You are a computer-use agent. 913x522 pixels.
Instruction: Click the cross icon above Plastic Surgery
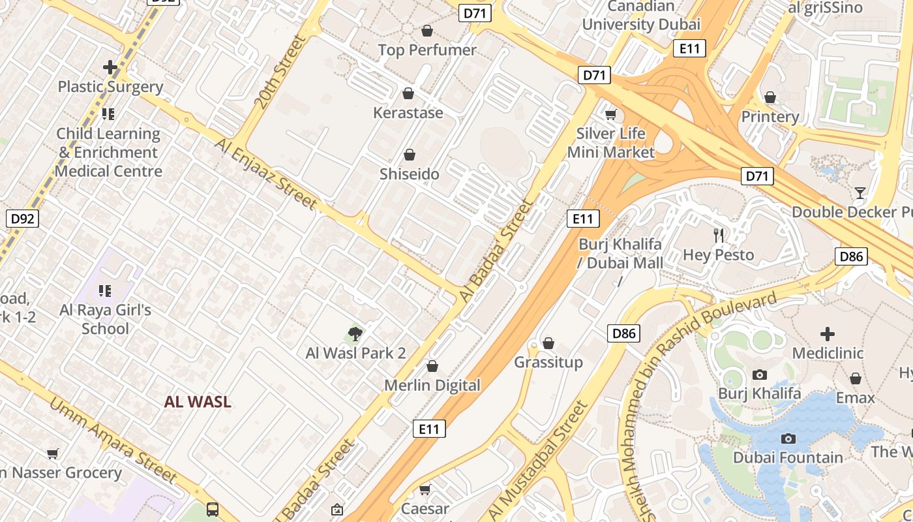pyautogui.click(x=110, y=67)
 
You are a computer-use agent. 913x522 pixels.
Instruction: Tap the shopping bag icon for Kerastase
pyautogui.click(x=408, y=93)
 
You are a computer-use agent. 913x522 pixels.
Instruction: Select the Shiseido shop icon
pyautogui.click(x=410, y=155)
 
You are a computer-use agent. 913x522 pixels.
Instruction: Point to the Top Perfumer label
pyautogui.click(x=427, y=50)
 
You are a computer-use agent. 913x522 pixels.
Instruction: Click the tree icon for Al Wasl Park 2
pyautogui.click(x=355, y=334)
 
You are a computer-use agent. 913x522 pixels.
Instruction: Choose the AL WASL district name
pyautogui.click(x=198, y=402)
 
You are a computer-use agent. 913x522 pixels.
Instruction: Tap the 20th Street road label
pyautogui.click(x=280, y=72)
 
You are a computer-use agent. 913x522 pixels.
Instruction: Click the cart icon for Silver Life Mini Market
pyautogui.click(x=610, y=115)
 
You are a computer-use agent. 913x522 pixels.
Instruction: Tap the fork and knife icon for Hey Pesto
pyautogui.click(x=719, y=236)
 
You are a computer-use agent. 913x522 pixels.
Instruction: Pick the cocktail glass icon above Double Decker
pyautogui.click(x=860, y=193)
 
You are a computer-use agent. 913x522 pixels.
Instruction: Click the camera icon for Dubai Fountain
pyautogui.click(x=788, y=438)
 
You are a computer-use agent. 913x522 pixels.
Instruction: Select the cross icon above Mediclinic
pyautogui.click(x=828, y=334)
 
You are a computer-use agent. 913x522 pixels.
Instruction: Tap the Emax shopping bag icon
pyautogui.click(x=856, y=378)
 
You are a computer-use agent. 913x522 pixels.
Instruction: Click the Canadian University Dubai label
pyautogui.click(x=641, y=16)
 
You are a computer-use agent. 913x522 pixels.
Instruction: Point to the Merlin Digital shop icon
pyautogui.click(x=432, y=367)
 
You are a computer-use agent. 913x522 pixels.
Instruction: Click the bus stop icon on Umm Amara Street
pyautogui.click(x=213, y=509)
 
